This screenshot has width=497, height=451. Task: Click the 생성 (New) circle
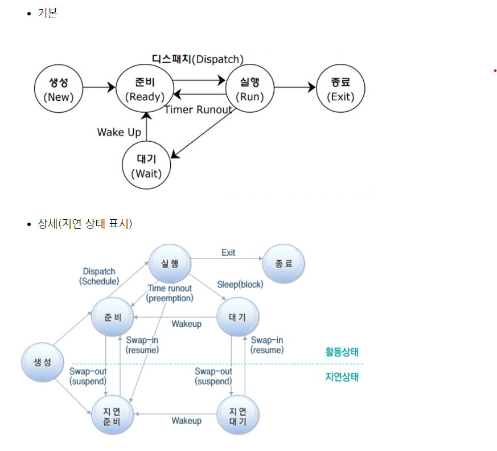click(59, 88)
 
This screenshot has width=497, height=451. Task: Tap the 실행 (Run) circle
click(250, 88)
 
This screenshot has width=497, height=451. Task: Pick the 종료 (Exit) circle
click(340, 88)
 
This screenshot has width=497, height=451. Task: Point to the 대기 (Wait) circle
click(146, 165)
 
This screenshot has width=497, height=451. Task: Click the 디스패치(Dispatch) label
click(198, 59)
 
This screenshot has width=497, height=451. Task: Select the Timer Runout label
click(198, 110)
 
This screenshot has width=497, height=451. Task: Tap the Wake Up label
click(118, 132)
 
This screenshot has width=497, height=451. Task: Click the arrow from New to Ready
click(99, 88)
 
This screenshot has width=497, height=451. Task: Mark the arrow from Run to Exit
click(294, 88)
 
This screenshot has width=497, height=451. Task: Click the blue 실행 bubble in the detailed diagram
click(169, 264)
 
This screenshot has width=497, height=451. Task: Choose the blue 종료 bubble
click(284, 264)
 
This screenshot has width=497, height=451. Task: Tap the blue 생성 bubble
click(42, 363)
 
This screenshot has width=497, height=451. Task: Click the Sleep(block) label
click(240, 284)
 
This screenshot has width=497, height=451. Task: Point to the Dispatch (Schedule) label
click(99, 276)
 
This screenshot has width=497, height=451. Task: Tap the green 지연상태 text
click(342, 376)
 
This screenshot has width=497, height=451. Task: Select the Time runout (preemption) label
click(170, 293)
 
